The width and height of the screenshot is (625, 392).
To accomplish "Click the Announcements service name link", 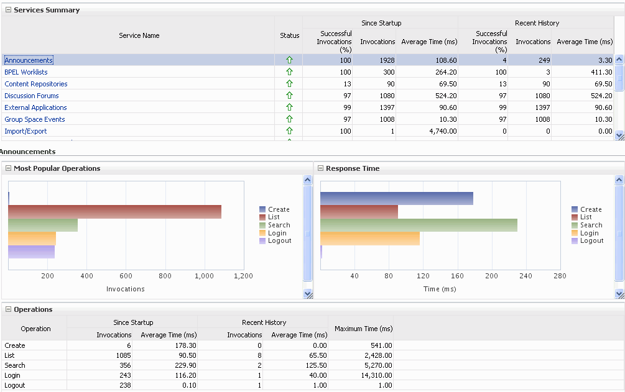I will click(x=29, y=60).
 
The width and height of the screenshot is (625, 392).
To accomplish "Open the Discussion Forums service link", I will click(x=32, y=96).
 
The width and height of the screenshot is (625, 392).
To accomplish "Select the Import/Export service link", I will click(x=25, y=131).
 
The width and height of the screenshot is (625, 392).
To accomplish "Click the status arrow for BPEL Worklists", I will click(x=289, y=72).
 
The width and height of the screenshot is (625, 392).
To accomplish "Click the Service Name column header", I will click(x=139, y=35).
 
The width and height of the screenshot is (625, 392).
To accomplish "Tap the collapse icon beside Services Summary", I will click(x=9, y=10).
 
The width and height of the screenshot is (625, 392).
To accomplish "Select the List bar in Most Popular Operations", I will click(x=114, y=212).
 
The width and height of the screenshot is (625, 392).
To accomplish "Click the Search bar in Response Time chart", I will click(x=418, y=225).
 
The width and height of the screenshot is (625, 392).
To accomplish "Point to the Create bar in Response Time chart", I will click(x=396, y=198).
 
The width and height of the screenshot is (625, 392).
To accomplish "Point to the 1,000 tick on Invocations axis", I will click(x=204, y=276).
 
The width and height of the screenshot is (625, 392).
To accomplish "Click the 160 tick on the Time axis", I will click(x=457, y=276).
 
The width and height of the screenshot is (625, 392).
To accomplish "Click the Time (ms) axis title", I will click(x=440, y=289).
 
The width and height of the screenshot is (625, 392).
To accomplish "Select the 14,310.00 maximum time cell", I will click(x=374, y=375).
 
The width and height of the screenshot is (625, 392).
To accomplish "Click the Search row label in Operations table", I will click(x=15, y=365).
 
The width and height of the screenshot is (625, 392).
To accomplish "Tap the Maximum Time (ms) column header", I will click(x=363, y=329).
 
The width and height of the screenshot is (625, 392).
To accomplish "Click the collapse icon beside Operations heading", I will click(x=9, y=309).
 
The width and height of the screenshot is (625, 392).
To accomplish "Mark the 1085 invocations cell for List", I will click(x=123, y=355).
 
